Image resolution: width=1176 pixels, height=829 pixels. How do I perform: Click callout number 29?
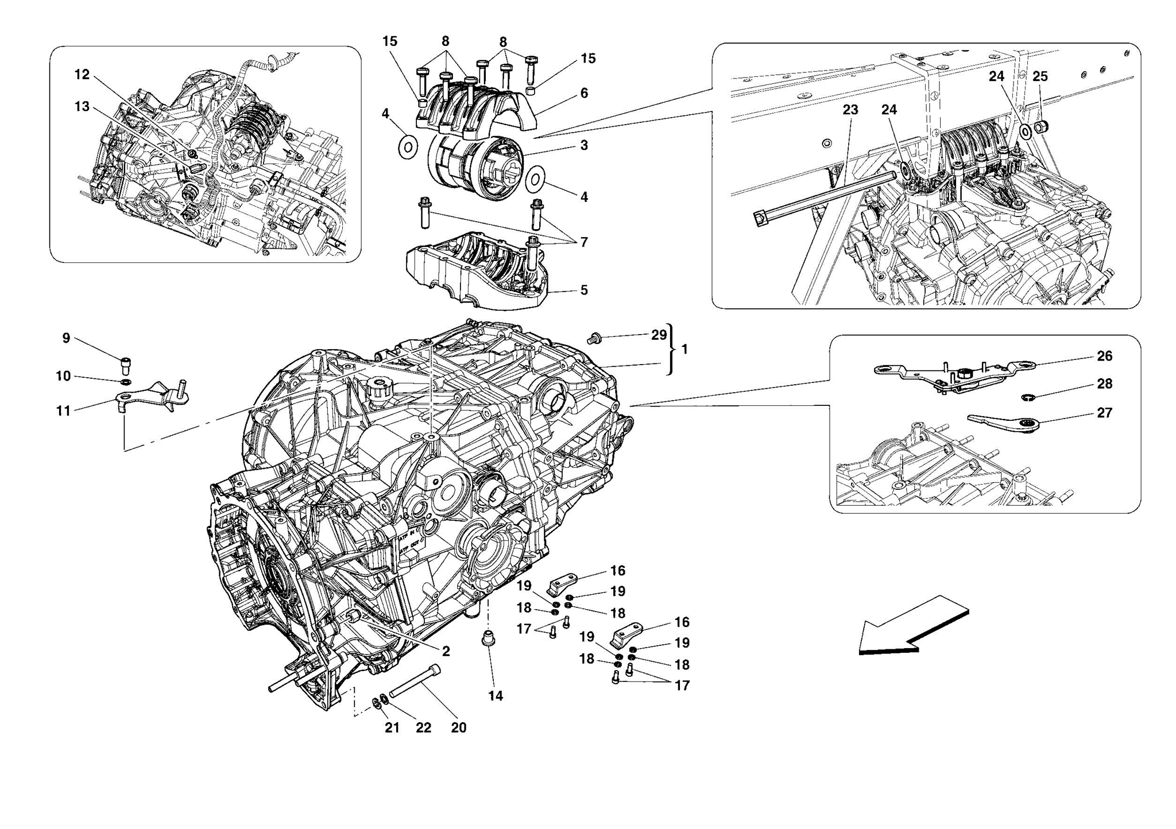point(659,335)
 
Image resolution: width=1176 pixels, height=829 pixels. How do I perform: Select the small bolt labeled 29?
point(594,339)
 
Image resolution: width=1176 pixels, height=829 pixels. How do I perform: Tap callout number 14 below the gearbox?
point(496,696)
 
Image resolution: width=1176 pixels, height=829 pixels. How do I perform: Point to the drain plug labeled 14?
point(488,638)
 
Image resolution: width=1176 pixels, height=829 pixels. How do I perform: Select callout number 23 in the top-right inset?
point(850,110)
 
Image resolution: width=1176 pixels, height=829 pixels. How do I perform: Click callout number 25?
point(1040,76)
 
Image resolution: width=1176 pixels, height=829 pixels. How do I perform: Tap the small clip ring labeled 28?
point(1030,397)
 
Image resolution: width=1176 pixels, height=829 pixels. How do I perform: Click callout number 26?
point(1104,357)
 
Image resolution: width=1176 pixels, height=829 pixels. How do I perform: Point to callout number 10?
point(63,376)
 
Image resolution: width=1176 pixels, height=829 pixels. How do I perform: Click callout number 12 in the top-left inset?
point(82,75)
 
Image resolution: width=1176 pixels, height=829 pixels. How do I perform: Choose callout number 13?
point(82,107)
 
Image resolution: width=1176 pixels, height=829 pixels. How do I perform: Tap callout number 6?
point(584,93)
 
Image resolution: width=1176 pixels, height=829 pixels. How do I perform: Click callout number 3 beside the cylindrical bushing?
point(584,145)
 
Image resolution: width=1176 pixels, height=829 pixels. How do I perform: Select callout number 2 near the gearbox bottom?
point(446,651)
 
